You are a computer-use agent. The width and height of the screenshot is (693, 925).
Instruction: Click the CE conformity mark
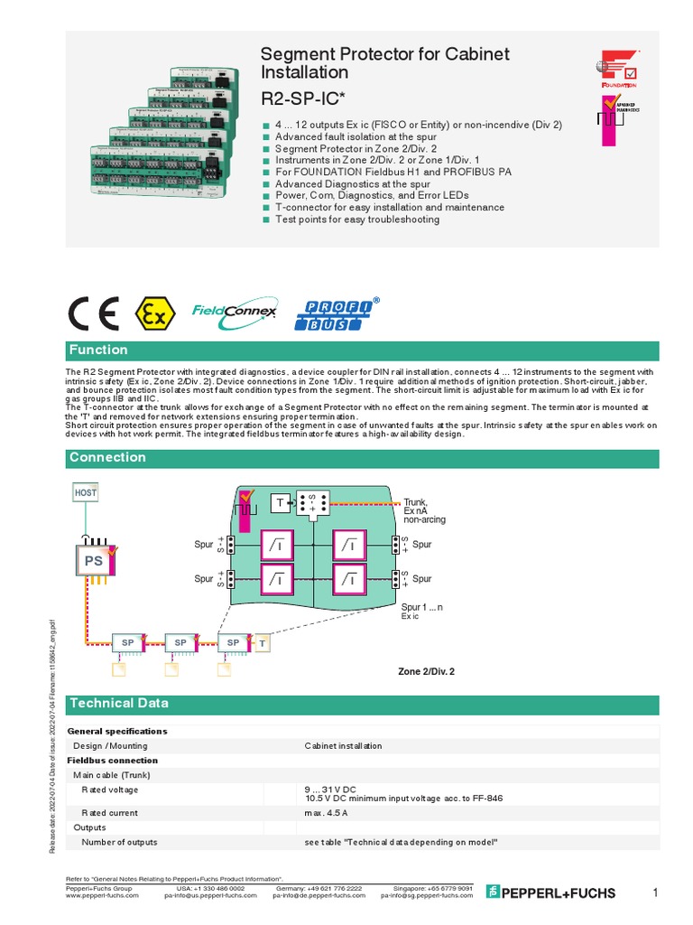(93, 313)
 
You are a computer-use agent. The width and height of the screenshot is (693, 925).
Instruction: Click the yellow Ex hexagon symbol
(154, 313)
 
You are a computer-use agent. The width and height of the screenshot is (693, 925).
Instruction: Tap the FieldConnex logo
(234, 313)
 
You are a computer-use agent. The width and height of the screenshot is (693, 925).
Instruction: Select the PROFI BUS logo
(337, 313)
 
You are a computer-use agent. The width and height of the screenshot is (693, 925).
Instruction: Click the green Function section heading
(99, 350)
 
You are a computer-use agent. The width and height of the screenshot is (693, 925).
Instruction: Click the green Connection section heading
(107, 458)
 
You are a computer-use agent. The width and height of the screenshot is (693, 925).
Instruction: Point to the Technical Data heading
(119, 704)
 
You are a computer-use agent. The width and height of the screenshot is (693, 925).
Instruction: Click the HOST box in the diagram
(85, 492)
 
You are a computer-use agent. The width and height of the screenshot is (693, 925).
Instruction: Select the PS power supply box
(94, 560)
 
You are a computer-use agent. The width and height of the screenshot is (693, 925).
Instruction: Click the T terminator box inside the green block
(280, 502)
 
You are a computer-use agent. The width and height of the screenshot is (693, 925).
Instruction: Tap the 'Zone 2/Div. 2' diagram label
(426, 672)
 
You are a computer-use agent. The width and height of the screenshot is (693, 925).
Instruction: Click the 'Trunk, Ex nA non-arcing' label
(424, 510)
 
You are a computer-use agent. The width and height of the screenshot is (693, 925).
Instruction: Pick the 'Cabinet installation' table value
(343, 746)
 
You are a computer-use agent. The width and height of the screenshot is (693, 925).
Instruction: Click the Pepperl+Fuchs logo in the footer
(550, 892)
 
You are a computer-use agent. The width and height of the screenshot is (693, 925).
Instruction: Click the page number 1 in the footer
(655, 892)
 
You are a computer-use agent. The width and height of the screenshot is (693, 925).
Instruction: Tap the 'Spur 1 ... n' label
(421, 608)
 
